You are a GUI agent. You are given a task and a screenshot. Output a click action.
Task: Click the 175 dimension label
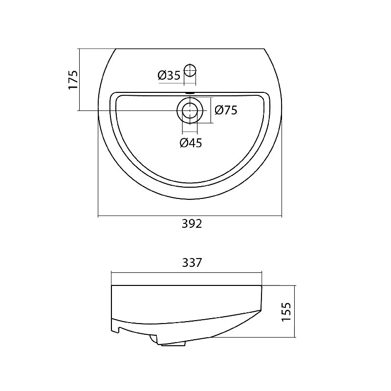coord(73,80)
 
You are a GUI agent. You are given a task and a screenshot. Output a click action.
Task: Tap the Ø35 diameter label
coord(169,75)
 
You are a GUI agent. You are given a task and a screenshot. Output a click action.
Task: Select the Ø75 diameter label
coord(226,110)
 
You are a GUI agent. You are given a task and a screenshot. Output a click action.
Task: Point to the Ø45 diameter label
coord(191,143)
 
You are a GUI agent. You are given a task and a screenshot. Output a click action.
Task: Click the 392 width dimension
coord(192,224)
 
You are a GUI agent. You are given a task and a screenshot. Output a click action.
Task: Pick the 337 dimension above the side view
coord(192,263)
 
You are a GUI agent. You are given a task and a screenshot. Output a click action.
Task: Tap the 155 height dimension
coord(286,312)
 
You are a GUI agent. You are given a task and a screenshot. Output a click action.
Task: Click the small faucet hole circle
coord(190,70)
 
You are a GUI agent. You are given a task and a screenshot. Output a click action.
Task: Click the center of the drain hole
coord(190,110)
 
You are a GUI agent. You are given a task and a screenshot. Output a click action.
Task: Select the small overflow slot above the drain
coord(190,93)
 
